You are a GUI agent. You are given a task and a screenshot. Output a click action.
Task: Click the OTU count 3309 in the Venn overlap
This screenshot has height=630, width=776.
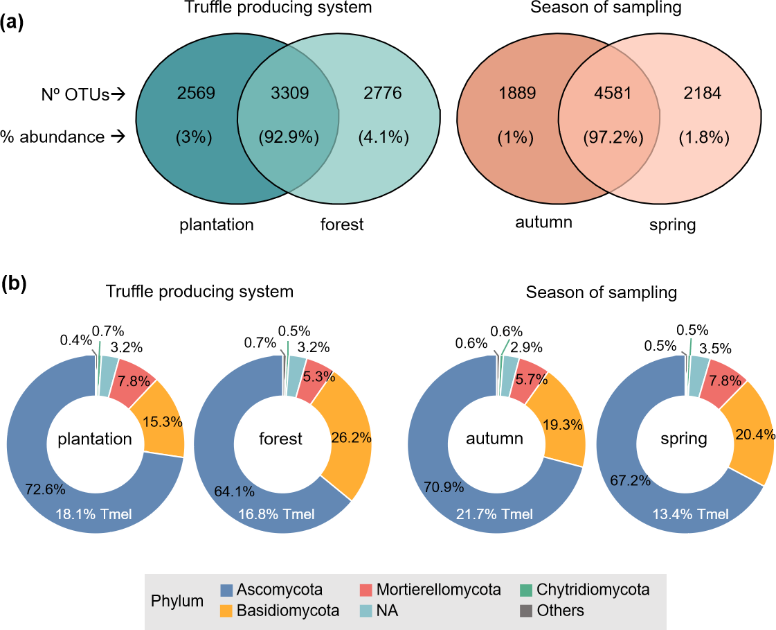point(288,93)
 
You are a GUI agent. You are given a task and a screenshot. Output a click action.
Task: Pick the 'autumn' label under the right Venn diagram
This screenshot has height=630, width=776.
point(543,222)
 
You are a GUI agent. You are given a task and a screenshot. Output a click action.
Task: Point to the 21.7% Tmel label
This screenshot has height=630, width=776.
point(496,514)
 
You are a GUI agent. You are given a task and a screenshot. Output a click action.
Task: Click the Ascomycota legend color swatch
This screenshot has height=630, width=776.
point(226,590)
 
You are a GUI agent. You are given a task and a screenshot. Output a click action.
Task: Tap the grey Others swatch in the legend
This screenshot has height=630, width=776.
point(526,611)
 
